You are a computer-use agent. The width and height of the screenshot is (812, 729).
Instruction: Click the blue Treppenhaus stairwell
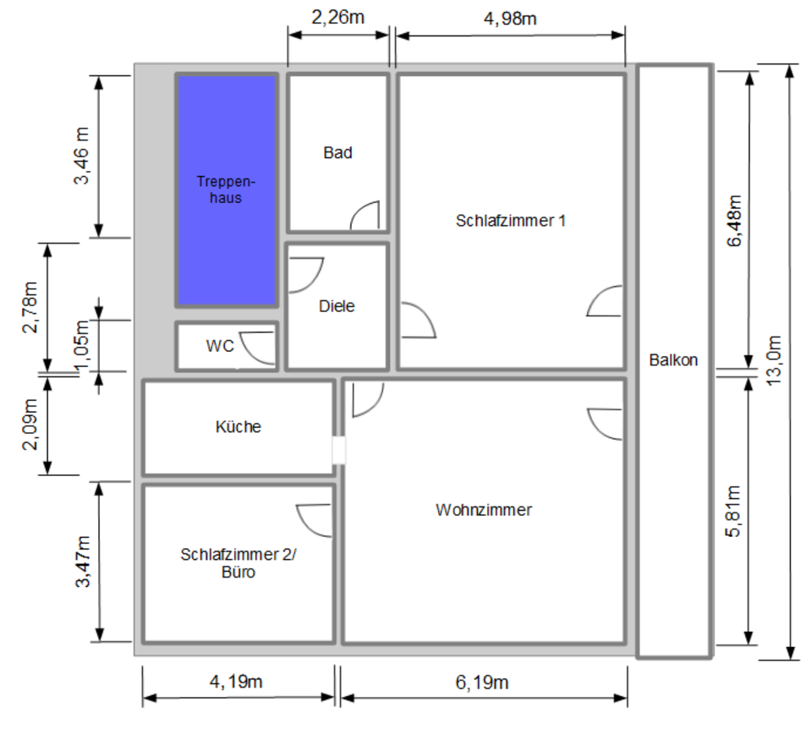tap(227, 190)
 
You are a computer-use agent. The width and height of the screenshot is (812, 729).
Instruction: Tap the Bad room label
tap(337, 153)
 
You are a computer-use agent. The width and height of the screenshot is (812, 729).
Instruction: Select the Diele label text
tap(337, 306)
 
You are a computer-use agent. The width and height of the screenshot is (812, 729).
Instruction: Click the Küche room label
tap(239, 427)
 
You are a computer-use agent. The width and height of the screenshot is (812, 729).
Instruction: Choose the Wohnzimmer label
tap(484, 510)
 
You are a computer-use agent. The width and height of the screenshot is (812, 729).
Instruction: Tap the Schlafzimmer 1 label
tap(511, 221)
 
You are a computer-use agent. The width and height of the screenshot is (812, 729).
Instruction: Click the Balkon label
tap(673, 359)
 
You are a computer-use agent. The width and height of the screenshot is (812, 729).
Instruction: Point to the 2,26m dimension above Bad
tap(338, 18)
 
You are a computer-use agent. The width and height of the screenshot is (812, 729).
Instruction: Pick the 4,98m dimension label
tap(510, 18)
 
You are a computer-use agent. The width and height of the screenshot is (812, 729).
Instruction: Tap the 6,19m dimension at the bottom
tap(482, 682)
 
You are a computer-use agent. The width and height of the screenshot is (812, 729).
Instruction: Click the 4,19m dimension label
tap(239, 682)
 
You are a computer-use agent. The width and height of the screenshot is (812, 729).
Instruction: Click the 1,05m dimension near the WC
tap(83, 345)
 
